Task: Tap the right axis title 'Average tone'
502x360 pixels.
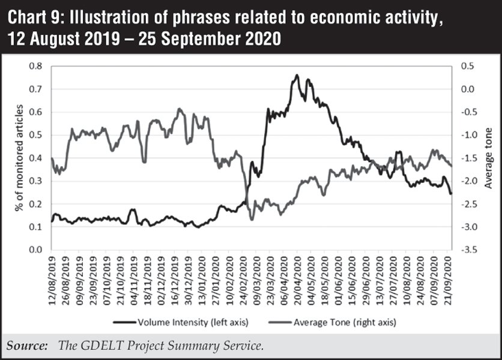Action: [x=488, y=157]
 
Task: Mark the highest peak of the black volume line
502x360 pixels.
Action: [x=297, y=76]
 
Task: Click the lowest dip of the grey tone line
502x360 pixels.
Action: [x=252, y=219]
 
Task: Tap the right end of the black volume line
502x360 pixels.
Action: [x=452, y=193]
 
